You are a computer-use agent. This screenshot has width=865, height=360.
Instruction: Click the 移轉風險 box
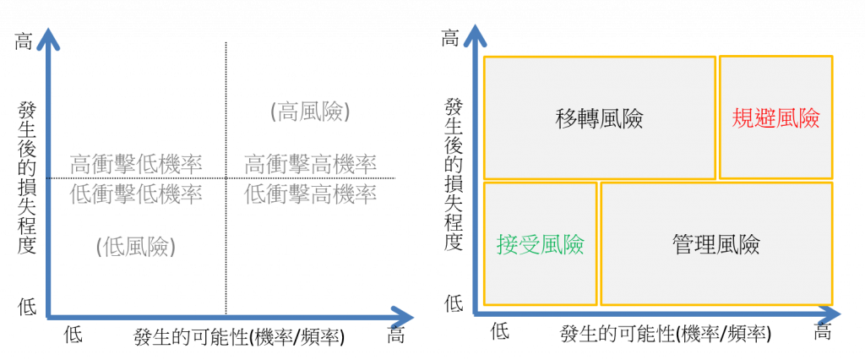(x=600, y=117)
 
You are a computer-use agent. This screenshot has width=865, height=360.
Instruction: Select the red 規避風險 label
(x=775, y=117)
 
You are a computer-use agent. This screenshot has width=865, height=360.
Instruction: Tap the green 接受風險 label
(x=541, y=244)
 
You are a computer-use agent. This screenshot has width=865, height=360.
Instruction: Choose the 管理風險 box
(x=716, y=244)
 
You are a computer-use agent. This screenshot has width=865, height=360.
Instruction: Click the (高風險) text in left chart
(x=311, y=112)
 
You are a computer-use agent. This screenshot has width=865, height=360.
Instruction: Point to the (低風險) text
(x=136, y=246)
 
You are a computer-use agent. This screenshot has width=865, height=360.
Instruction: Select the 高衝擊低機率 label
(x=137, y=163)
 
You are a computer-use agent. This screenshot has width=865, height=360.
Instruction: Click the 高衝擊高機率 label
(x=310, y=163)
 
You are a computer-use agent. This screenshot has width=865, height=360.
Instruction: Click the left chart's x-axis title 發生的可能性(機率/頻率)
(x=238, y=335)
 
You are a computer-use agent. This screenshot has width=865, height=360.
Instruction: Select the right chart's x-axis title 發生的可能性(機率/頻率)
(x=666, y=334)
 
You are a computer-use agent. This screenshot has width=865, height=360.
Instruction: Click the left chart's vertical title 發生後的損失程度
(x=26, y=177)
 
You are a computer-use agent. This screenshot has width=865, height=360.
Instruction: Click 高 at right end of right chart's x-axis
(x=823, y=332)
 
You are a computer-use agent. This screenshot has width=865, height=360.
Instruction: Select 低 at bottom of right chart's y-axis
(x=454, y=303)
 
